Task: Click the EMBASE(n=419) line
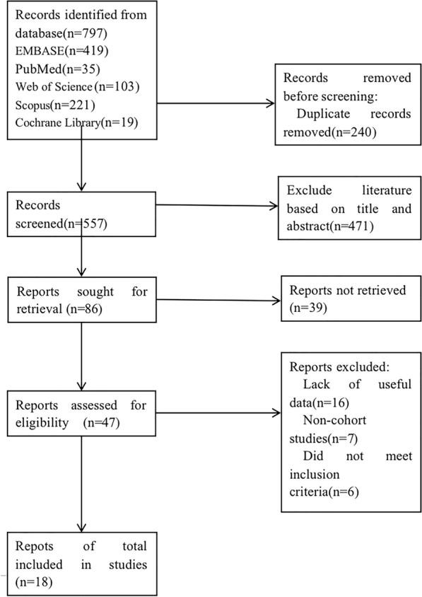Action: point(52,52)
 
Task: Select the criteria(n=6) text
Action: point(324,491)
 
